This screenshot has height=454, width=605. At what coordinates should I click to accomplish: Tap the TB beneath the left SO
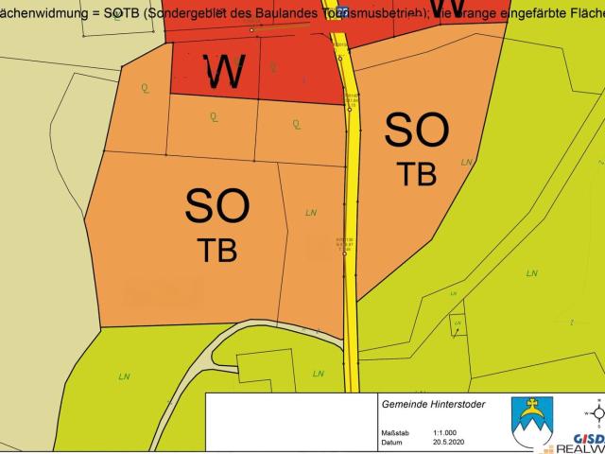click(x=216, y=249)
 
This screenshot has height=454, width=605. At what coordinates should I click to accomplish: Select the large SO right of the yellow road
click(x=416, y=130)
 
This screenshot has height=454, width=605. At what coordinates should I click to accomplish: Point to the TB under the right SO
click(x=416, y=173)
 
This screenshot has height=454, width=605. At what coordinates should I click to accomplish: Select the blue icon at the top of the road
click(x=342, y=9)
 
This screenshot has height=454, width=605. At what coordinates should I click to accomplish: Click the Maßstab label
click(x=396, y=430)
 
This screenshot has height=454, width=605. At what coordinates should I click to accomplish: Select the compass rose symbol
click(x=596, y=413)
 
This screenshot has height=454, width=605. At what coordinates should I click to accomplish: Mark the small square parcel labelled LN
click(x=458, y=323)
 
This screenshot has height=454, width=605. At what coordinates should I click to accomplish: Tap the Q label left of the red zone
click(x=145, y=88)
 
